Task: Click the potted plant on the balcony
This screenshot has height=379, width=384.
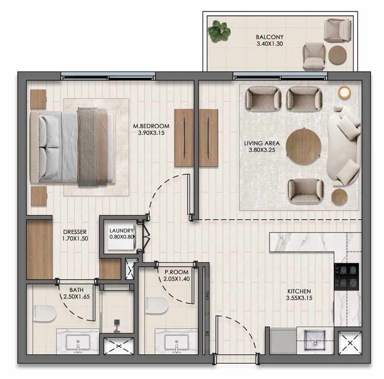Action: (219, 31)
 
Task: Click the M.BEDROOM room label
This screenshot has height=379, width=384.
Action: (151, 126)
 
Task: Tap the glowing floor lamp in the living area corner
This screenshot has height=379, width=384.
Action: (345, 92)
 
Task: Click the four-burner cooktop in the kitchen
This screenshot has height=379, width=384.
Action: (347, 276)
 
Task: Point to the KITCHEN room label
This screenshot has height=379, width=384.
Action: (299, 291)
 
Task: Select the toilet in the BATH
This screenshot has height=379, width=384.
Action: (44, 313)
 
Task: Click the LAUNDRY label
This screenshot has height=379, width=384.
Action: (121, 231)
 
